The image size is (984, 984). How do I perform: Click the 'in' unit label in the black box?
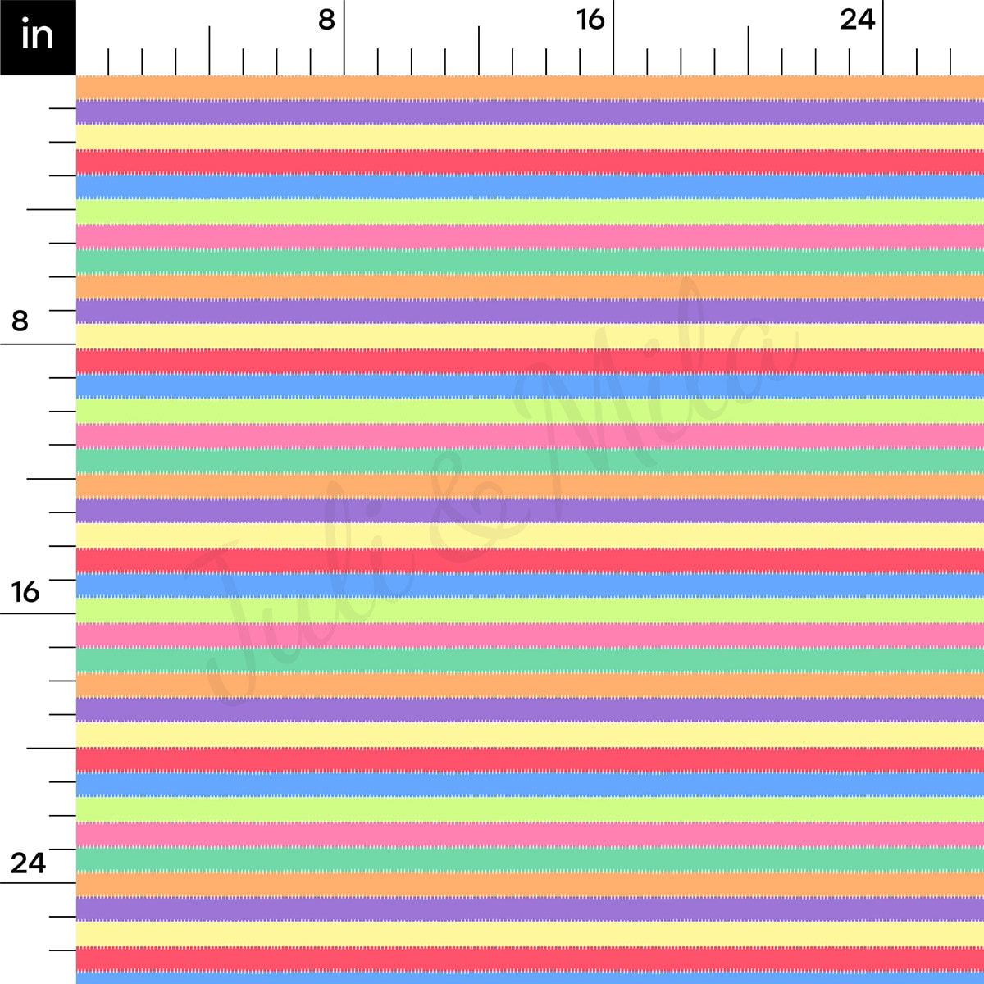pyautogui.click(x=37, y=37)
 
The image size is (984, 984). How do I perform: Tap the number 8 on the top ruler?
pyautogui.click(x=326, y=20)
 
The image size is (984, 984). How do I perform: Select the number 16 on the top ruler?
pyautogui.click(x=590, y=20)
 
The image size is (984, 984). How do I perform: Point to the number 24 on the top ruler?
pyautogui.click(x=857, y=20)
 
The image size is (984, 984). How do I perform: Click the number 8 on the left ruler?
pyautogui.click(x=20, y=321)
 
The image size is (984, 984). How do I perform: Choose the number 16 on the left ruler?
pyautogui.click(x=25, y=591)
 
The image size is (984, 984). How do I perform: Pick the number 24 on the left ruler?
pyautogui.click(x=27, y=863)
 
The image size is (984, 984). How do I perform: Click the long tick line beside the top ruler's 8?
pyautogui.click(x=344, y=38)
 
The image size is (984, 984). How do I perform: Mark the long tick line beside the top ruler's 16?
pyautogui.click(x=613, y=38)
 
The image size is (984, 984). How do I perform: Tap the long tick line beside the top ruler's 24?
pyautogui.click(x=883, y=38)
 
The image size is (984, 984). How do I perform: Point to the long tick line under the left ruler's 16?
pyautogui.click(x=38, y=613)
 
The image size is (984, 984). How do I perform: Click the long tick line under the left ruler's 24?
pyautogui.click(x=38, y=883)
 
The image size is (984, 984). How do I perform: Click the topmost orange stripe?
pyautogui.click(x=530, y=87)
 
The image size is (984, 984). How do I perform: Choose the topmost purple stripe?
pyautogui.click(x=530, y=112)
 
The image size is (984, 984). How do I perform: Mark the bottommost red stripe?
pyautogui.click(x=530, y=958)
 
